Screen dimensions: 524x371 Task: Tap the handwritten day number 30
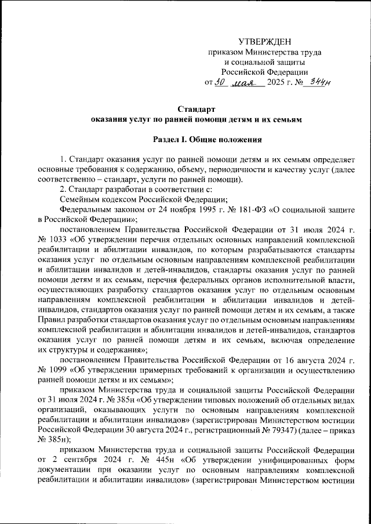(219, 82)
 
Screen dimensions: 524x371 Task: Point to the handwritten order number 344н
(318, 82)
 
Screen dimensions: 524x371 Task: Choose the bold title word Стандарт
(197, 109)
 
